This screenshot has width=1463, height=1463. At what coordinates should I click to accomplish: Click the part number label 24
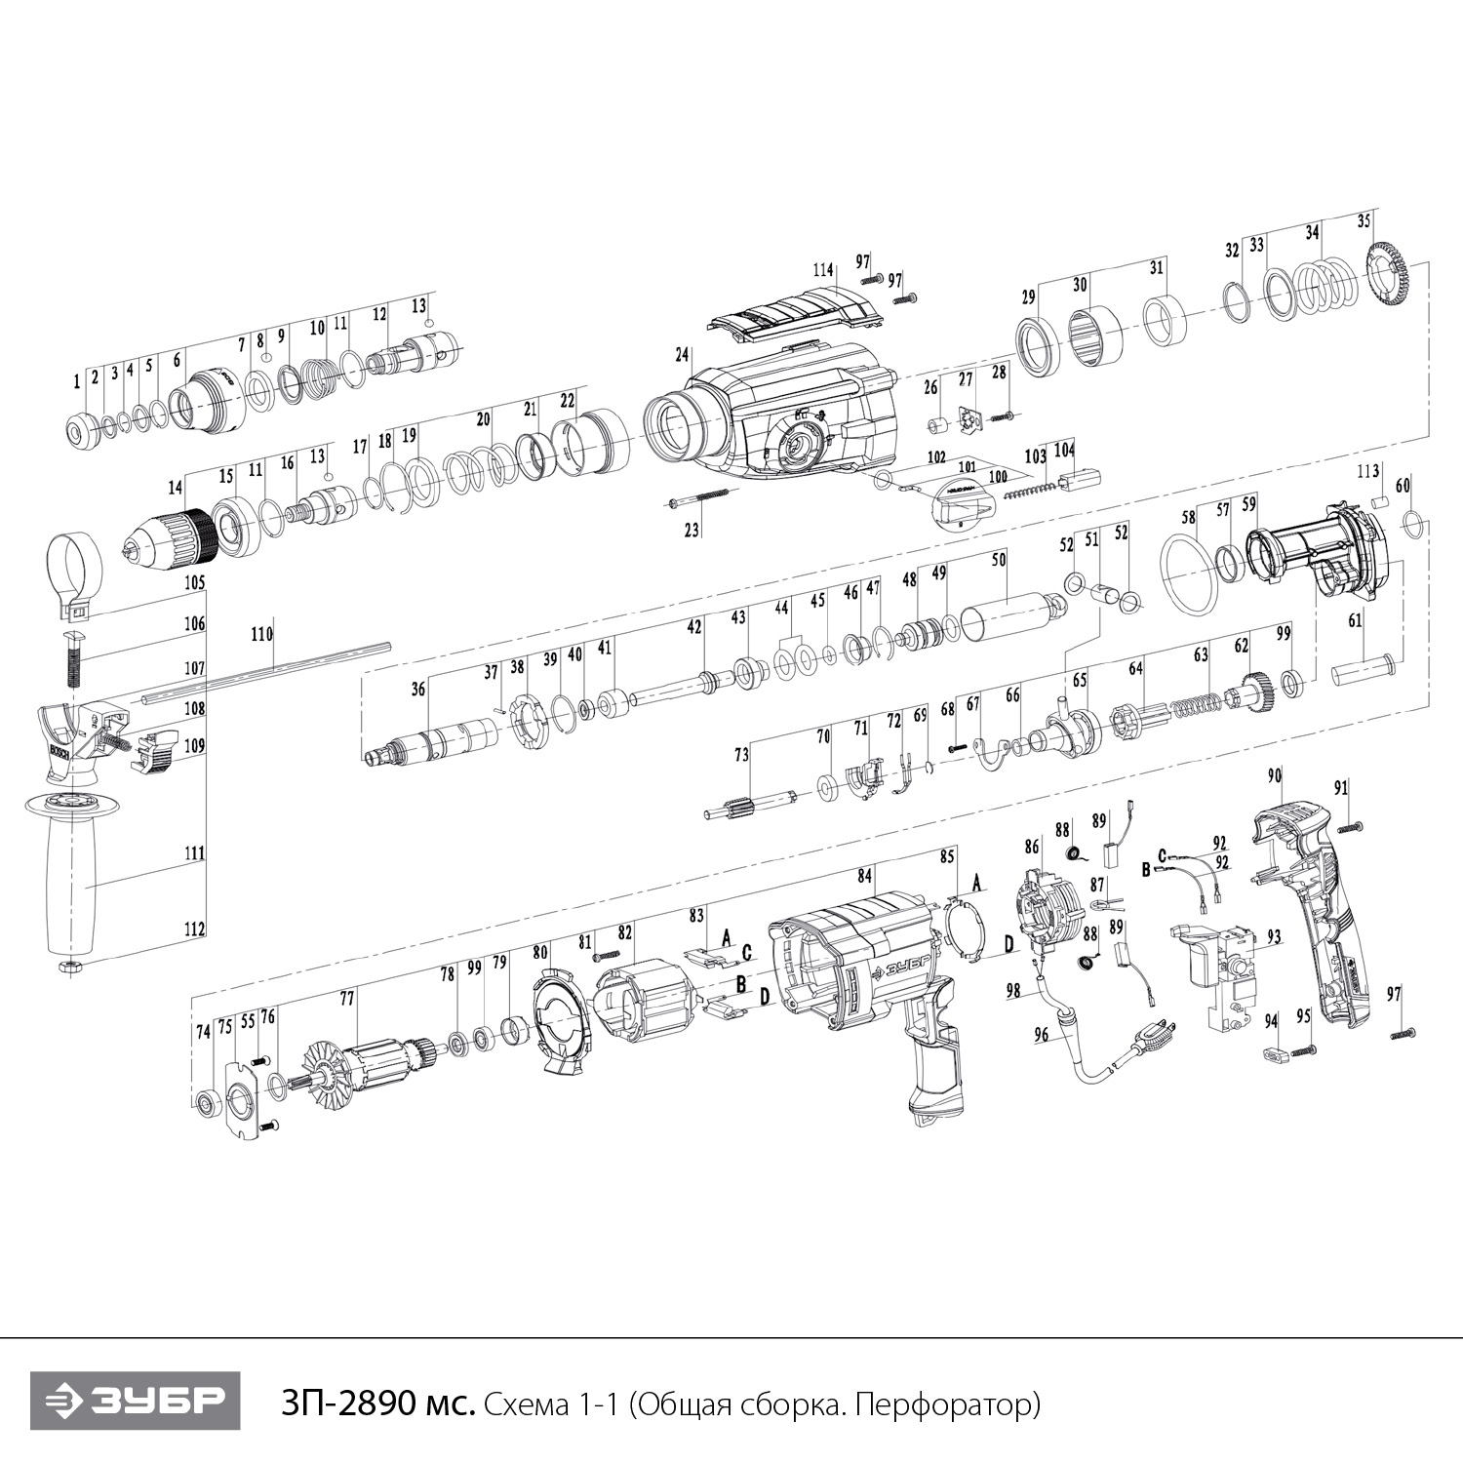point(682,353)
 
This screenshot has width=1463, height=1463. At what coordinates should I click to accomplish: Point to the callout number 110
point(261,633)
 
